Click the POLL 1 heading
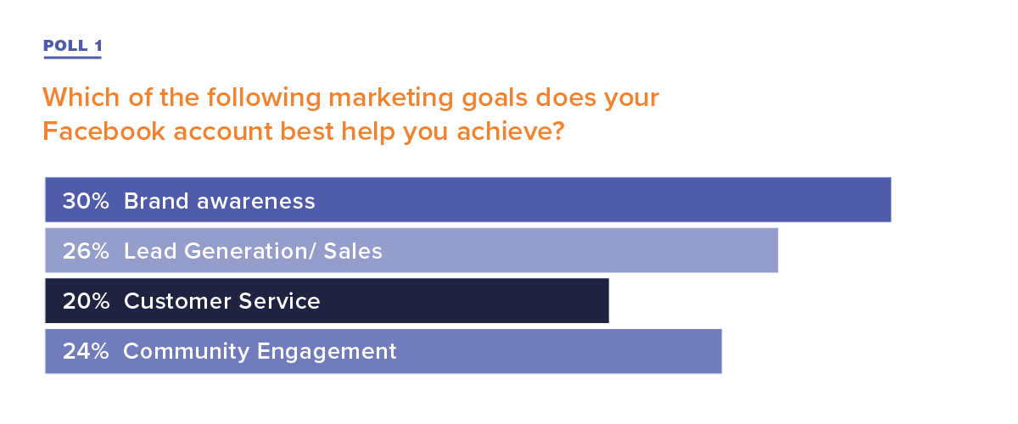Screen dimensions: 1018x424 point(73,46)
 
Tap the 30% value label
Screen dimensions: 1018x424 point(86,201)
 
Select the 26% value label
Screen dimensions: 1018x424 point(86,251)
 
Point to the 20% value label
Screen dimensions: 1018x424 point(86,301)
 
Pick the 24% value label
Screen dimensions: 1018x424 point(86,351)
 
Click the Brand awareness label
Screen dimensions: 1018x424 point(220,201)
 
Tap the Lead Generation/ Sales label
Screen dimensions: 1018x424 point(253,251)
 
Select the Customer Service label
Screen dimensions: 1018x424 point(222,301)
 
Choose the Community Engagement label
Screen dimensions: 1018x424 point(260,352)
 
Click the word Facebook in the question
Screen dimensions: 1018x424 point(103,131)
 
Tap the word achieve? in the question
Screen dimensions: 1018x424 point(511,131)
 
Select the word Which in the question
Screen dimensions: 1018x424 point(81,98)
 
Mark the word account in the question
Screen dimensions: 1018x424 point(222,132)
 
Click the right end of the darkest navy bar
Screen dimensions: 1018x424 point(608,301)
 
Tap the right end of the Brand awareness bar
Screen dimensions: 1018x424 point(891,200)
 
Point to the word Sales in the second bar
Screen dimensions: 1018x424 point(353,251)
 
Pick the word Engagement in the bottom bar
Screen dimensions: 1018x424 point(327,352)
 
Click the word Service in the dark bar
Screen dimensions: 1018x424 point(279,301)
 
